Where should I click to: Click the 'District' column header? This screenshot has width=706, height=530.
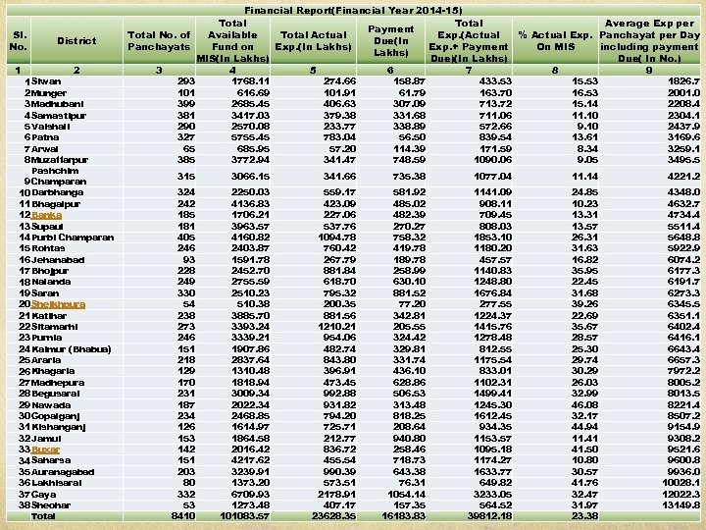76,41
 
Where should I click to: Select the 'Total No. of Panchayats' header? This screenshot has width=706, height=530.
160,41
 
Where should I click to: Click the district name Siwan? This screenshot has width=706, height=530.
60,80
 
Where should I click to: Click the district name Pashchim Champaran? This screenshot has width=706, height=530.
60,177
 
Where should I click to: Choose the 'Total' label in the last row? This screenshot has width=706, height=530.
44,515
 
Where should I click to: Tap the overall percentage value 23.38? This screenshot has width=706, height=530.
584,515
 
